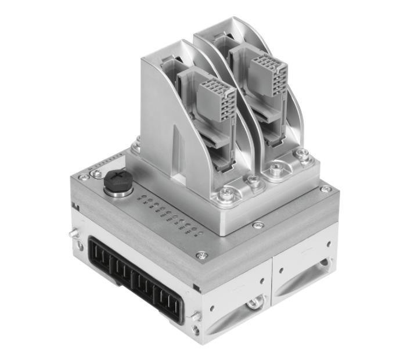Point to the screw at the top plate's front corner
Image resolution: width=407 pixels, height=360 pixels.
[x=202, y=254]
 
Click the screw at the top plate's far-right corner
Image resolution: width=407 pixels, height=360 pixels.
[x=326, y=189]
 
